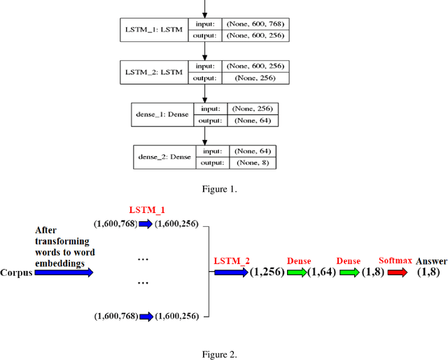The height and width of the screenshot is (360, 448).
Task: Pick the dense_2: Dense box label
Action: [x=164, y=157]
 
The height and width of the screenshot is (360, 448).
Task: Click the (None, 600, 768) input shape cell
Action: [x=255, y=24]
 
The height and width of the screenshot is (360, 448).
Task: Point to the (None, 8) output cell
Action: [x=251, y=162]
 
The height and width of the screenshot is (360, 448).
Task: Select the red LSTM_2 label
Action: [x=230, y=261]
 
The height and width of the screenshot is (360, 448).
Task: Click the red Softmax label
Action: [x=395, y=261]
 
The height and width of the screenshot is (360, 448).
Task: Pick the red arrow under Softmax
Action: [x=396, y=272]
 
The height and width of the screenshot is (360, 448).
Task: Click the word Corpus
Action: [x=17, y=272]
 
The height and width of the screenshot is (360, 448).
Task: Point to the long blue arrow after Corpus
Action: [x=64, y=272]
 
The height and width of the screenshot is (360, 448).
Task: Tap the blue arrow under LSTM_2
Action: [x=230, y=272]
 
